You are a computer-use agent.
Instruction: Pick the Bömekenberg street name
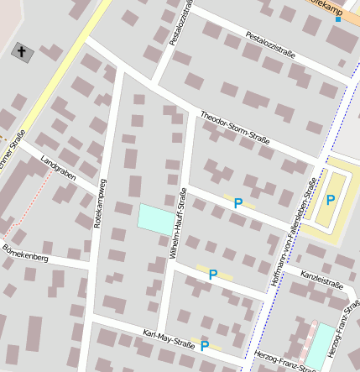tap(26, 254)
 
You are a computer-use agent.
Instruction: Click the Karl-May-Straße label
tap(168, 339)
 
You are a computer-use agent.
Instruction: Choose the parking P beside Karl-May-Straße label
tap(203, 343)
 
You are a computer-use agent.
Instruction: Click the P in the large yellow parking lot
tap(331, 200)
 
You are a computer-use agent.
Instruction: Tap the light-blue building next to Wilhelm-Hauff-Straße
tap(155, 219)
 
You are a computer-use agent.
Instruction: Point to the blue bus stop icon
tap(337, 18)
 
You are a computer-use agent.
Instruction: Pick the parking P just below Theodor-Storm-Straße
tap(238, 202)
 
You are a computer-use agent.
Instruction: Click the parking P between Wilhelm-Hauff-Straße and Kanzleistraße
tap(213, 274)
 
